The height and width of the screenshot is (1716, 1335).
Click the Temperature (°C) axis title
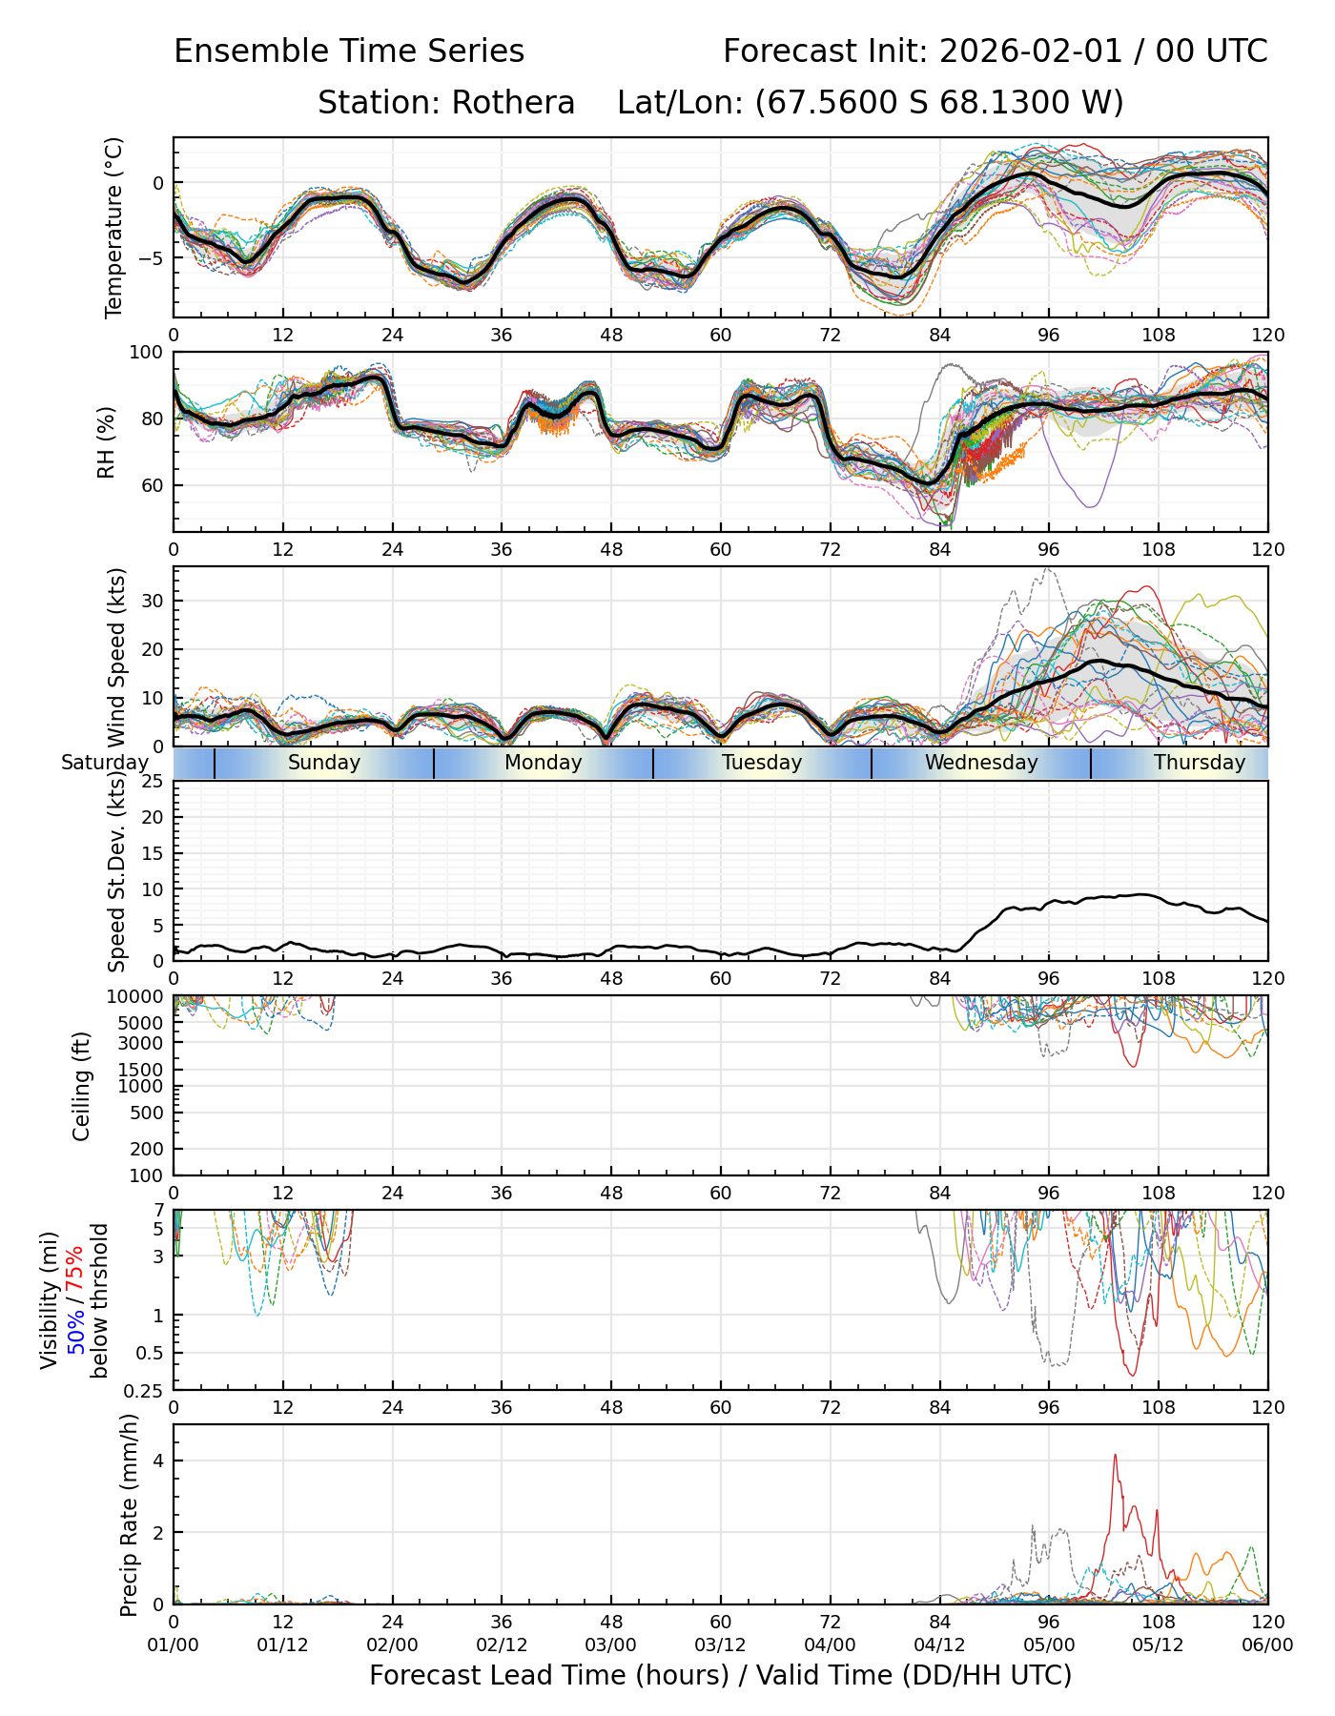(x=114, y=227)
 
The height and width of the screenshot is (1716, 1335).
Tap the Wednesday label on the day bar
(x=981, y=763)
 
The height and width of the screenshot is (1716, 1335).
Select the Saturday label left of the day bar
(x=105, y=763)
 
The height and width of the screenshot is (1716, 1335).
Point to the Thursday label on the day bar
(x=1200, y=763)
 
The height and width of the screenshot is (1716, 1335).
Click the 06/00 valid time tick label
(x=1267, y=1645)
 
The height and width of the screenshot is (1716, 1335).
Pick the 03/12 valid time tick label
(x=720, y=1645)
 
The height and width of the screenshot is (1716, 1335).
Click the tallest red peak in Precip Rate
(x=1115, y=1456)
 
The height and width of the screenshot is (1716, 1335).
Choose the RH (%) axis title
(x=106, y=441)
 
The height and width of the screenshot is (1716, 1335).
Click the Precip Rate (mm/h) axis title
(x=130, y=1514)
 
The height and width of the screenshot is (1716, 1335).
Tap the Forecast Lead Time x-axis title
(x=720, y=1676)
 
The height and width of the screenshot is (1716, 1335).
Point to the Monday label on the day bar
(x=543, y=763)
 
